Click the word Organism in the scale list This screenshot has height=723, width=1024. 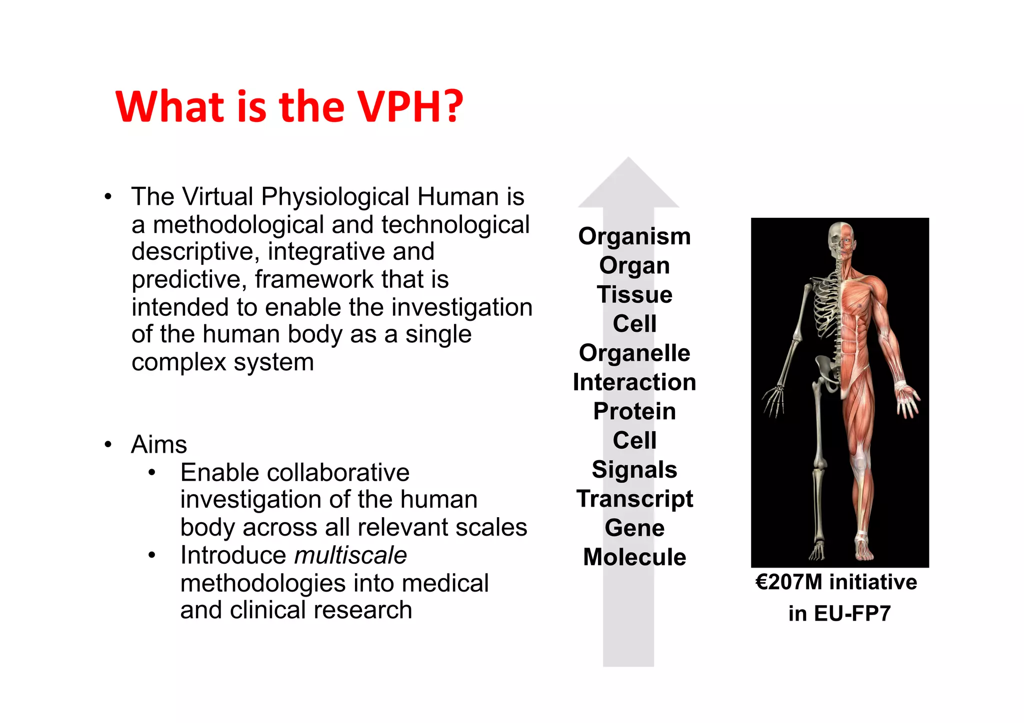point(634,236)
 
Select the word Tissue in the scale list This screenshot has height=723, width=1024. point(634,294)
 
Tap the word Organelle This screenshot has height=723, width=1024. point(634,353)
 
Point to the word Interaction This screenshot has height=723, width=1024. point(634,382)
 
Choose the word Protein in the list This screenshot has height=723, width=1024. point(634,411)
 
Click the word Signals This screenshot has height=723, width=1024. point(634,470)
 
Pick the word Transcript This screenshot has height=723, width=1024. point(634,499)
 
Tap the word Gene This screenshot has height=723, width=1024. point(634,528)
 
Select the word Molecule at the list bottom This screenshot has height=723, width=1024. point(634,557)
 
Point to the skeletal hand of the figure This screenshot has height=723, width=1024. point(774,400)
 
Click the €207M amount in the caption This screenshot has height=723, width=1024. point(789,582)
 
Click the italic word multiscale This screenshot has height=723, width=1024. point(350,555)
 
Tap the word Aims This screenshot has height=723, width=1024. point(159,444)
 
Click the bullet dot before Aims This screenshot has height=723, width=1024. point(108,444)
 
